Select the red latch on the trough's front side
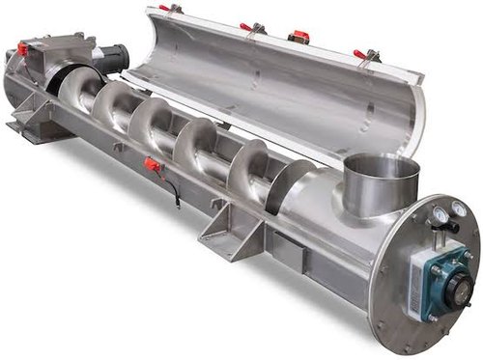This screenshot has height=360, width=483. click(152, 165)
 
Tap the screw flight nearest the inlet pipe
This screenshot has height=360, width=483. click(290, 183)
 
